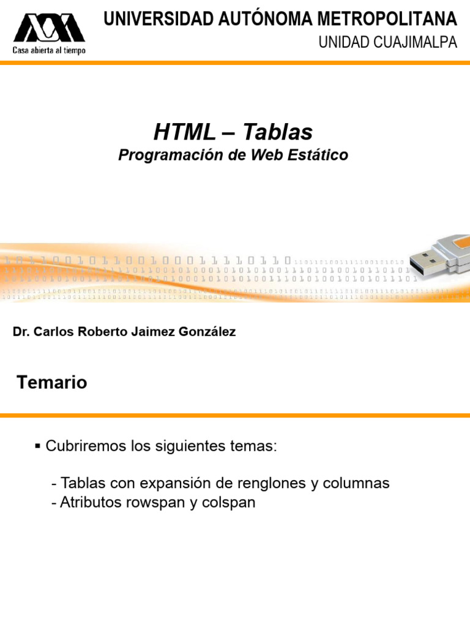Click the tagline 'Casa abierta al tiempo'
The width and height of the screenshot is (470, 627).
pyautogui.click(x=49, y=50)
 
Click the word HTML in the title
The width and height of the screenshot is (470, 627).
pyautogui.click(x=185, y=132)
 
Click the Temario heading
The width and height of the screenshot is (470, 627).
pyautogui.click(x=52, y=383)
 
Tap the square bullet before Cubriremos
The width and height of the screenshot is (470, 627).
pyautogui.click(x=38, y=446)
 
